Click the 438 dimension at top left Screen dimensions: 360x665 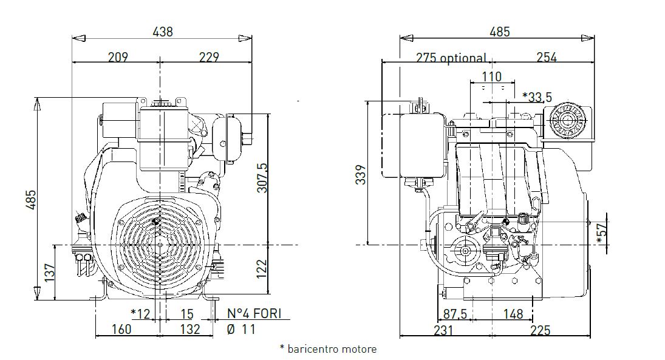coord(162,32)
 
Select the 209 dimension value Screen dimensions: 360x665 coord(118,57)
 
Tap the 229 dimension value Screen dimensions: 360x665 coord(208,57)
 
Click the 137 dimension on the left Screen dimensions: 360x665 coord(47,273)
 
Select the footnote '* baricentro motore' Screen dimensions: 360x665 coord(328,349)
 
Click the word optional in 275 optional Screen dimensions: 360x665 coord(463,58)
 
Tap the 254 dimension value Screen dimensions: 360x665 coord(546,58)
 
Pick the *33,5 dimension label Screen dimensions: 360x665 coord(537,97)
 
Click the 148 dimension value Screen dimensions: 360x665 coord(513,314)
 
